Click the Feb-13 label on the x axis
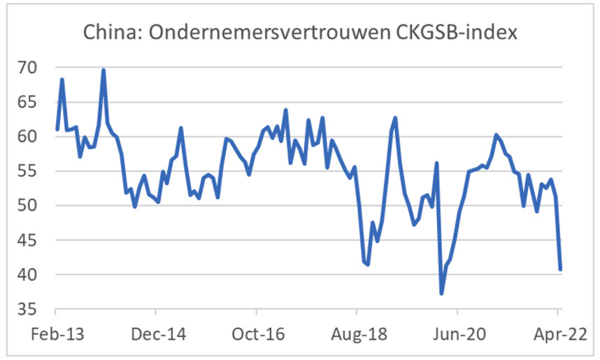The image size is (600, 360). coord(56,333)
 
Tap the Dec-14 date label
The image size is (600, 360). coord(156,333)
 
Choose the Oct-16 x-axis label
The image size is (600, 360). coord(256,333)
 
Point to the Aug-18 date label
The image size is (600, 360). coord(357,333)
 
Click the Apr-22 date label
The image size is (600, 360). coord(557,333)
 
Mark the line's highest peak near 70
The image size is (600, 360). coord(103,70)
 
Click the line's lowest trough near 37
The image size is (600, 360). coord(441,293)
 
